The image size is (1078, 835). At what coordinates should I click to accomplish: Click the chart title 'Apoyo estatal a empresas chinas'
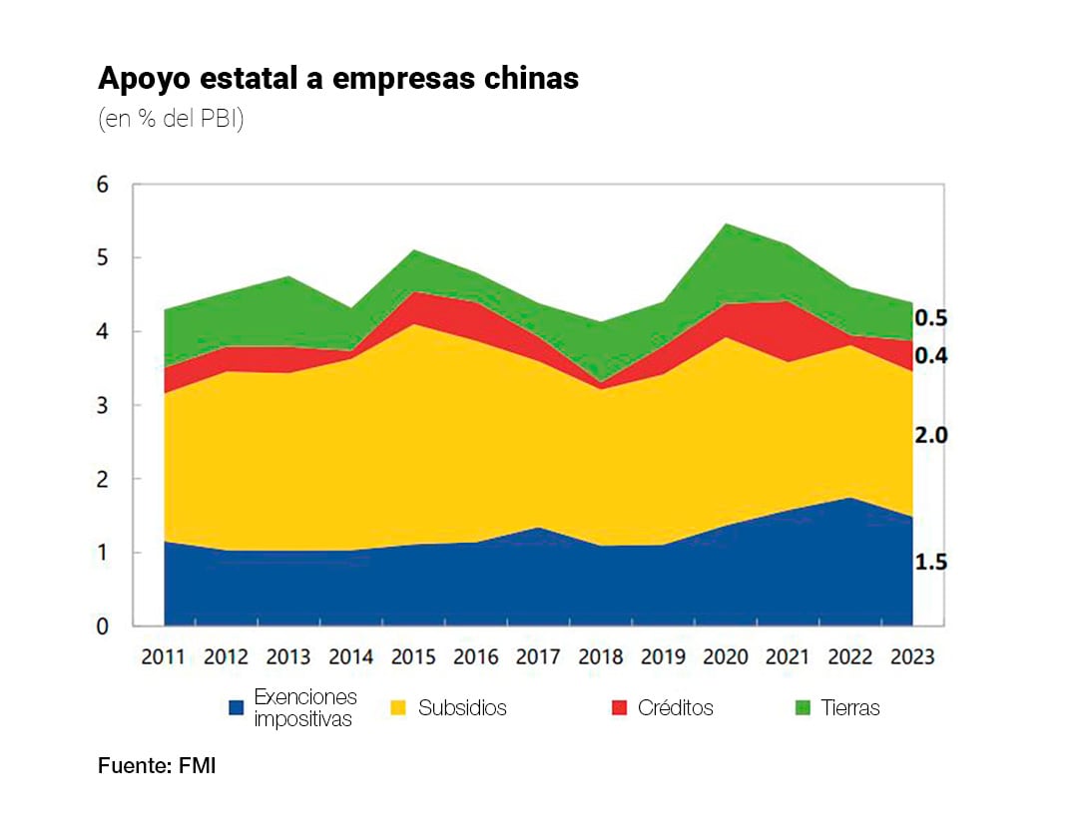tap(338, 79)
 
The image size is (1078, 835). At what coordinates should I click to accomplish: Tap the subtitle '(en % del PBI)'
tap(171, 120)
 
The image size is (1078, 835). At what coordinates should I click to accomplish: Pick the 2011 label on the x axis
tap(164, 656)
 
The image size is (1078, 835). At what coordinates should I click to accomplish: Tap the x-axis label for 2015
tap(413, 656)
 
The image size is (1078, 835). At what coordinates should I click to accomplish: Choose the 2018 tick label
tap(601, 656)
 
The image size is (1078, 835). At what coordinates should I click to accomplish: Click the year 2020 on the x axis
tap(726, 656)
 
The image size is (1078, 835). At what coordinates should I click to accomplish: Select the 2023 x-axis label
tap(912, 656)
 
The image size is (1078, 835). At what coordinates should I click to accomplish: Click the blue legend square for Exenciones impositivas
tap(237, 708)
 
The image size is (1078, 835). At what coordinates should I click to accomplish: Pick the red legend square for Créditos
tap(619, 708)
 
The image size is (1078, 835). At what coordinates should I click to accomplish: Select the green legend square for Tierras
tap(803, 708)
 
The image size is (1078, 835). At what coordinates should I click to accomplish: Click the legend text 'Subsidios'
tap(462, 708)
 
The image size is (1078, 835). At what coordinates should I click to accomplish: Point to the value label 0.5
tap(930, 318)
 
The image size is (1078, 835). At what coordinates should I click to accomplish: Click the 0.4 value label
tap(930, 356)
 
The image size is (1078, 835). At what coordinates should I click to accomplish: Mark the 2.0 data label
tap(930, 435)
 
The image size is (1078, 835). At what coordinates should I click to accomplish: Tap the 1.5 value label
tap(930, 563)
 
